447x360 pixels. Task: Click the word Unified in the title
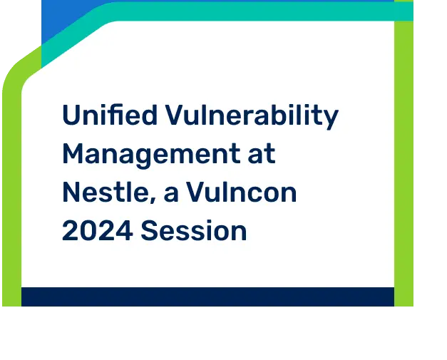[x=110, y=115]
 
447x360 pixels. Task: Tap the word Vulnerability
[x=252, y=117]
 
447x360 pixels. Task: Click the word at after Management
[x=262, y=154]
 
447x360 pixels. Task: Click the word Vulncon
[x=242, y=192]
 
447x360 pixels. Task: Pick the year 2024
[x=97, y=230]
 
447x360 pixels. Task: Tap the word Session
[x=194, y=230]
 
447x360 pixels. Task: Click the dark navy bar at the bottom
[x=208, y=297]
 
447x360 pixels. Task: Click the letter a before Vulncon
[x=171, y=194]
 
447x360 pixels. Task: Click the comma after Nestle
[x=153, y=200]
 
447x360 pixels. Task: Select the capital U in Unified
[x=71, y=115]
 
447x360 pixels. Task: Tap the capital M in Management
[x=73, y=154]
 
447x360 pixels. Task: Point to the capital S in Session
[x=149, y=230]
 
